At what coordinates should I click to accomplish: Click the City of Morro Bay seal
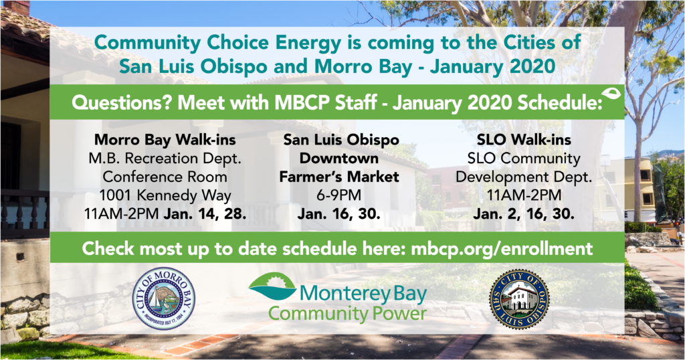tap(164, 299)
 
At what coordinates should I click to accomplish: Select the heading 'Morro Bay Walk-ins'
tap(165, 140)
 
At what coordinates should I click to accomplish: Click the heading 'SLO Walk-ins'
tap(524, 140)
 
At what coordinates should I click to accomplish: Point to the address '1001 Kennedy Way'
tap(165, 195)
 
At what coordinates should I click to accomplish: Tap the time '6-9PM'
tap(339, 195)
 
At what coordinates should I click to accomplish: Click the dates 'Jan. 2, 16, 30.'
tap(523, 213)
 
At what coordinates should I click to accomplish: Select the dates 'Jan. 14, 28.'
tap(205, 213)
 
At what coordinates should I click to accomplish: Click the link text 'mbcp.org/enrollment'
tap(502, 248)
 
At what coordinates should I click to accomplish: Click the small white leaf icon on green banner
tap(611, 94)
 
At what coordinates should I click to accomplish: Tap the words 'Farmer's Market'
tap(339, 177)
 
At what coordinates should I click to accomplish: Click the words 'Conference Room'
tap(165, 177)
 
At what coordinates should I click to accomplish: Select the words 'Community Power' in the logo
tap(347, 314)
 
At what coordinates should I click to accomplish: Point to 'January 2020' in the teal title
tap(492, 66)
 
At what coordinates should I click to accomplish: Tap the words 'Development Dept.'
tap(524, 177)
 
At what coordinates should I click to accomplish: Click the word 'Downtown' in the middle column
tap(339, 158)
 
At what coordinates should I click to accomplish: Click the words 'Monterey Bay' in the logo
tap(363, 294)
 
